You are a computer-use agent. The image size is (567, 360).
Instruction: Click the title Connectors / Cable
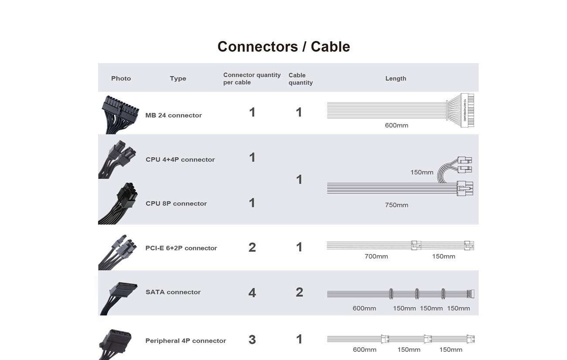coord(283,47)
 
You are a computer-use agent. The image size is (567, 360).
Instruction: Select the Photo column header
coord(121,78)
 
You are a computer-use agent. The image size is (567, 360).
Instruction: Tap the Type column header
coord(178,78)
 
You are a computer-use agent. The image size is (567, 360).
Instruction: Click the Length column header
coord(396,78)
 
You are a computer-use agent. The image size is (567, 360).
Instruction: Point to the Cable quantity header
coord(301,79)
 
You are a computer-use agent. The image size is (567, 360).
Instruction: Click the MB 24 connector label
coord(174,115)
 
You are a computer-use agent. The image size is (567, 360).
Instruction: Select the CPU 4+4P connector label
coord(180,160)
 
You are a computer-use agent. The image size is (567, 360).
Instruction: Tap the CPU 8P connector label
coord(176,204)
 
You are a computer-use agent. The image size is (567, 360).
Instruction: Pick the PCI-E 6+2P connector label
coord(181,248)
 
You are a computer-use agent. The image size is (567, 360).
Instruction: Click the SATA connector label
coord(173,292)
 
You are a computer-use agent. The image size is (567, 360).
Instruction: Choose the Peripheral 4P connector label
coord(185,341)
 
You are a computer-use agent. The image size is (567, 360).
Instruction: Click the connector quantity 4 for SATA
coord(252,293)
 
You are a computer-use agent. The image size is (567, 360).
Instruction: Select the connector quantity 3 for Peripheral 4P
coord(252,340)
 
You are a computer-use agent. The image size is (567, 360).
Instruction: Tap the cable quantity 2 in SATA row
coord(300,292)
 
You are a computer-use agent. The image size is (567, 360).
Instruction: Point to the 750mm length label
coord(396,205)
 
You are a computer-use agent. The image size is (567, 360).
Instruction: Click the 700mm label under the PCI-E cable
coord(376,256)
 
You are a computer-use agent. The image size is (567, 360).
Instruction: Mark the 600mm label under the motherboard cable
coord(396,125)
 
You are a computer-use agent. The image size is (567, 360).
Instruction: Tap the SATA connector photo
coord(119,298)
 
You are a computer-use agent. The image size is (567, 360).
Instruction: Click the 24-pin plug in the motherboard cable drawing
coord(467,110)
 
